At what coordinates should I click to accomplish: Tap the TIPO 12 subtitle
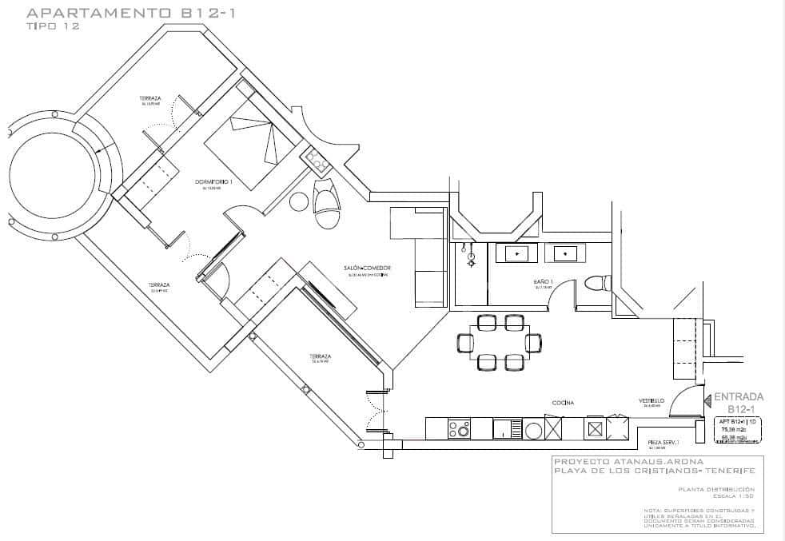[53, 26]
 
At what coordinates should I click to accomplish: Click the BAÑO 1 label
[544, 283]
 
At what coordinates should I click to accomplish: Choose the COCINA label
[563, 403]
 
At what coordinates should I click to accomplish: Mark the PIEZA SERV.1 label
[663, 442]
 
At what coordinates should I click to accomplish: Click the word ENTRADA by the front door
[738, 396]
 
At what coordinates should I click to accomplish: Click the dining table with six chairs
[500, 342]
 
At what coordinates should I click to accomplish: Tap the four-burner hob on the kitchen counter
[460, 429]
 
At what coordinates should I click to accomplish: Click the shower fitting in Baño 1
[471, 254]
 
